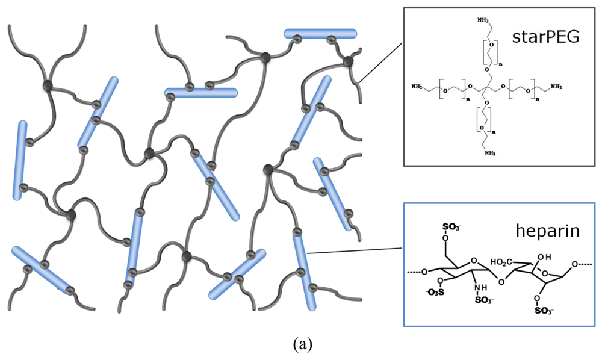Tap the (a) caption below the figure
pyautogui.click(x=301, y=344)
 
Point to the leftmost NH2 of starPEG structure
pyautogui.click(x=417, y=87)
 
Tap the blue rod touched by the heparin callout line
pyautogui.click(x=304, y=271)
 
